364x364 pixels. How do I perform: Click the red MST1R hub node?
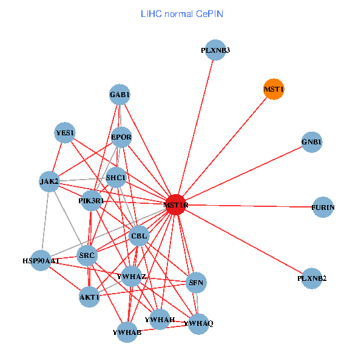tap(175, 204)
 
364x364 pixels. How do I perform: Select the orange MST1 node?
tap(274, 89)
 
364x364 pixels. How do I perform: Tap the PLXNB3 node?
tap(215, 50)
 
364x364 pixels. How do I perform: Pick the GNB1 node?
tap(311, 143)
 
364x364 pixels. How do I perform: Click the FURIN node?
tap(323, 207)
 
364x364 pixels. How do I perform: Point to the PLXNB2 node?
tap(312, 278)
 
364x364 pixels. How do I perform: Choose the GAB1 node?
tap(120, 95)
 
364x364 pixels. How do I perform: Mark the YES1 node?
tap(65, 132)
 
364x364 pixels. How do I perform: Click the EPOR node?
tap(121, 137)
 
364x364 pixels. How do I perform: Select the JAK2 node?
tap(49, 181)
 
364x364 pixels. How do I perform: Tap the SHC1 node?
tap(116, 178)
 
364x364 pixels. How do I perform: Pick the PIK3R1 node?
tap(91, 200)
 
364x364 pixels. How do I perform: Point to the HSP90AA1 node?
tap(41, 260)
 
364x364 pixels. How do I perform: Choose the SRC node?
tap(87, 255)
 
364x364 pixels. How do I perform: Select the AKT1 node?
tap(89, 297)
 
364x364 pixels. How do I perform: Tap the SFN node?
tap(196, 282)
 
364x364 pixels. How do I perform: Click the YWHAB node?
tap(127, 332)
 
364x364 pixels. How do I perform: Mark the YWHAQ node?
tap(198, 323)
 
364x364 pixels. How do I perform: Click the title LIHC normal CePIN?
tap(182, 13)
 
